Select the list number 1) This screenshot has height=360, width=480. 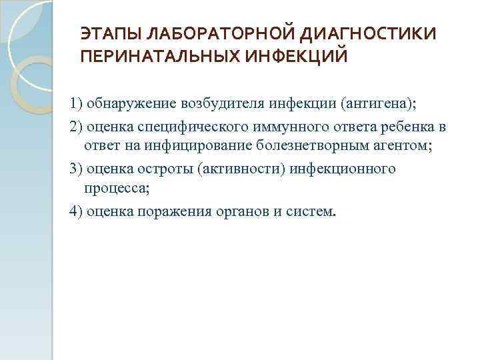(75, 104)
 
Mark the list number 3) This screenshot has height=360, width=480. (75, 169)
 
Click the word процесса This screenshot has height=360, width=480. (117, 189)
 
